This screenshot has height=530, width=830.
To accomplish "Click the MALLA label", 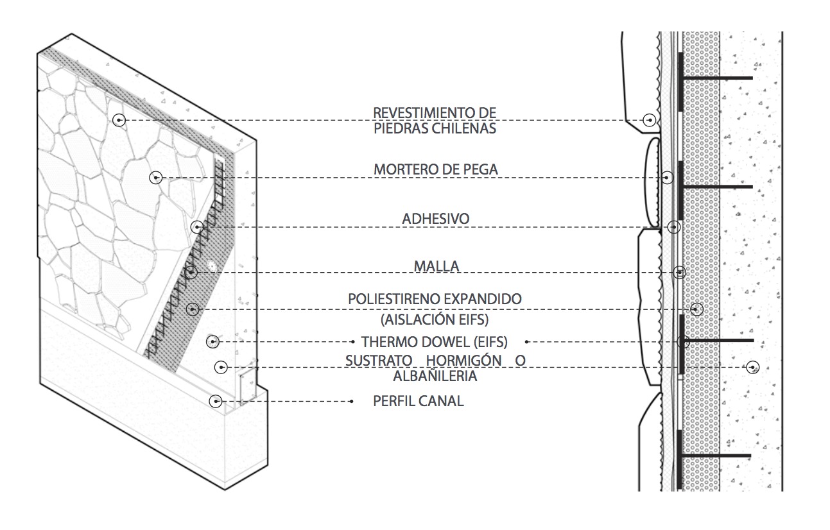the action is point(437,266).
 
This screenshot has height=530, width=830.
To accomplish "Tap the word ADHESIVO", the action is point(436,219).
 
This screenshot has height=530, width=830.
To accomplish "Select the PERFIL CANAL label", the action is point(419,401).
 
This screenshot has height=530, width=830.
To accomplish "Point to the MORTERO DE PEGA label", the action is point(436,169).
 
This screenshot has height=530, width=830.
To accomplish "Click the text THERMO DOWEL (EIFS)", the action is point(435,342).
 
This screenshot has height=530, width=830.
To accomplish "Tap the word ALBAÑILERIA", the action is point(435,376).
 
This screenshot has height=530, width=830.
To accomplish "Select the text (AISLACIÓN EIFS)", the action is point(435,320).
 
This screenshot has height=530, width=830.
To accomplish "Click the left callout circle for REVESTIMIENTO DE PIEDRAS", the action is point(119,120).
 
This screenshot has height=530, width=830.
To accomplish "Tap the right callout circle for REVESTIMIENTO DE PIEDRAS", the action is point(649,120).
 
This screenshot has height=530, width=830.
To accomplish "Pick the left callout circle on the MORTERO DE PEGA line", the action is point(156,178).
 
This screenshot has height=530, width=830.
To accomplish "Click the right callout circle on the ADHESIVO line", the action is point(673,227).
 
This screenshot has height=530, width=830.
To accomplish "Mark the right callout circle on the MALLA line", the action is point(679,273).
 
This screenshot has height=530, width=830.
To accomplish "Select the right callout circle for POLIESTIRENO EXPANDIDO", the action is point(696,309).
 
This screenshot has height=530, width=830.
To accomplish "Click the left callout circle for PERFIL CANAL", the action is point(216,401).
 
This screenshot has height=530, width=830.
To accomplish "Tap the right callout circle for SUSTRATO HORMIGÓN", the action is point(753,367).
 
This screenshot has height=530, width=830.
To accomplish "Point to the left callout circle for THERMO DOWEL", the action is point(212,341).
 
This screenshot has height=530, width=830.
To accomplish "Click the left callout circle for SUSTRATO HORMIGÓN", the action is point(221,367).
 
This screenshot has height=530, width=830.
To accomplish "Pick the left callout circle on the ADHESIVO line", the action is point(198,227).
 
